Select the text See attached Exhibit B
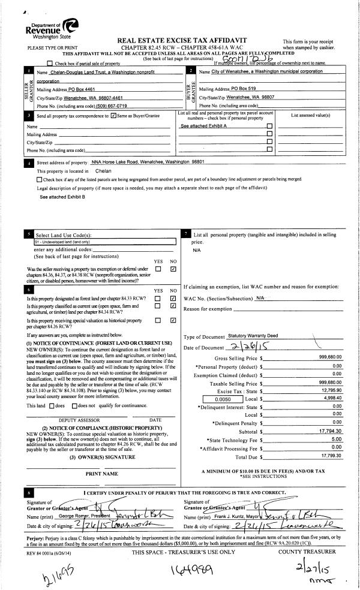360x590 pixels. [62, 197]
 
